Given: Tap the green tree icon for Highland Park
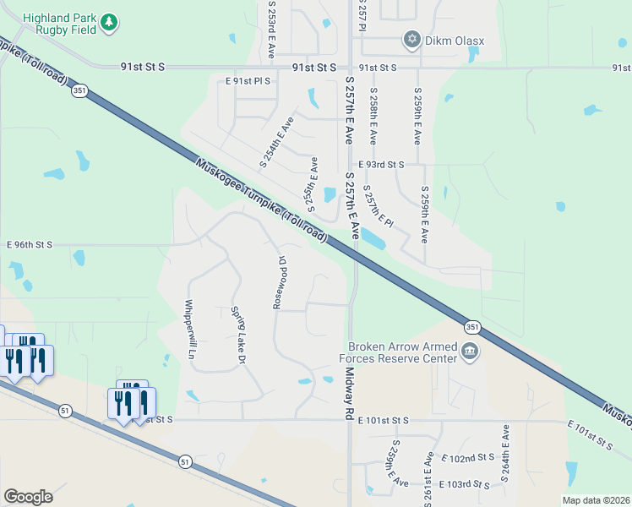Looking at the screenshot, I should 108,23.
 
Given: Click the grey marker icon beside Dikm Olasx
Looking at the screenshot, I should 412,39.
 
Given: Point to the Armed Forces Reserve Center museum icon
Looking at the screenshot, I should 471,351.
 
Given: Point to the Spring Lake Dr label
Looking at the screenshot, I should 238,335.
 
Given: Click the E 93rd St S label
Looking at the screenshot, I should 381,165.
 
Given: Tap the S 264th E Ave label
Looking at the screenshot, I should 505,454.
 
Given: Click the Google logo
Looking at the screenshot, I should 28,496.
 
